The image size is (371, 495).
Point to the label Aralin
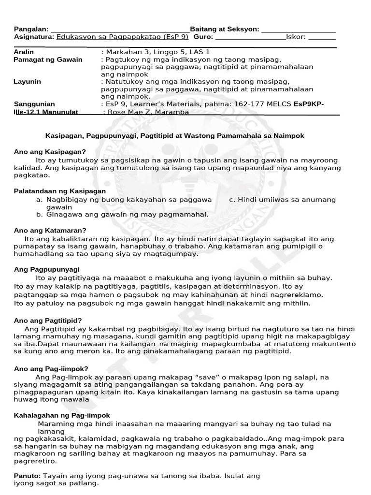25,52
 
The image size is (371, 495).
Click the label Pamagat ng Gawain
48,59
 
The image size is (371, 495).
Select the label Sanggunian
34,104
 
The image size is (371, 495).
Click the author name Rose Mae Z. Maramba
148,112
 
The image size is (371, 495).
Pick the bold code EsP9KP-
309,104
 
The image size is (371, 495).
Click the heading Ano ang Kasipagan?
50,152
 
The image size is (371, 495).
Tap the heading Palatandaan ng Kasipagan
60,191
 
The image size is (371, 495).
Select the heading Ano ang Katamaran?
50,230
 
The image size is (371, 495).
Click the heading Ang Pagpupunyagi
47,269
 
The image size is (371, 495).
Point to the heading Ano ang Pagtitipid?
48,320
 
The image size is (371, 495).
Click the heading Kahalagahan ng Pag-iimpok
62,415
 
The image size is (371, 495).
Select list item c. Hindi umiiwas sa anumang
282,199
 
